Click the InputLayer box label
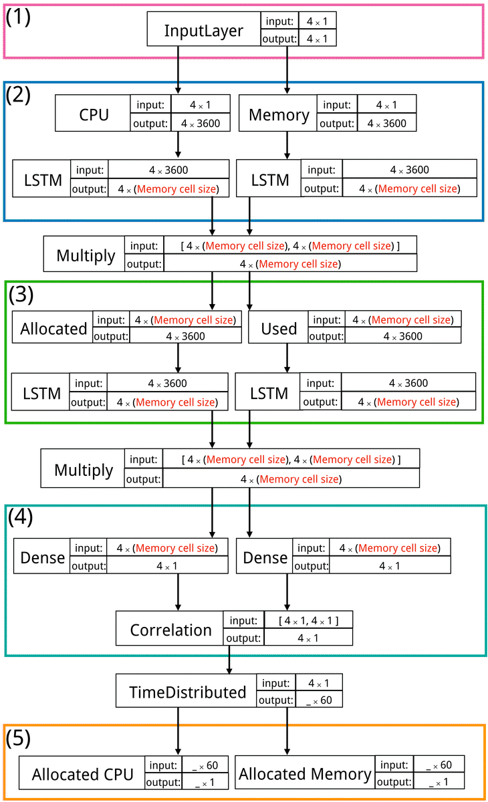point(203,31)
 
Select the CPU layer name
point(94,114)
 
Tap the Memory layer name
point(279,114)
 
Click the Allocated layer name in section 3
point(53,328)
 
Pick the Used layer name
point(279,328)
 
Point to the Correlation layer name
point(170,630)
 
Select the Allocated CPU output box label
point(83,775)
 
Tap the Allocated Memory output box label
point(305,774)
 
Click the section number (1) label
point(19,17)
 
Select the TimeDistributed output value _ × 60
point(318,700)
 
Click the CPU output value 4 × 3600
point(201,123)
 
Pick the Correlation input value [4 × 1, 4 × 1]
point(308,621)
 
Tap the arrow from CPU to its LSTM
point(178,144)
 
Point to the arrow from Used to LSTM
point(287,358)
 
